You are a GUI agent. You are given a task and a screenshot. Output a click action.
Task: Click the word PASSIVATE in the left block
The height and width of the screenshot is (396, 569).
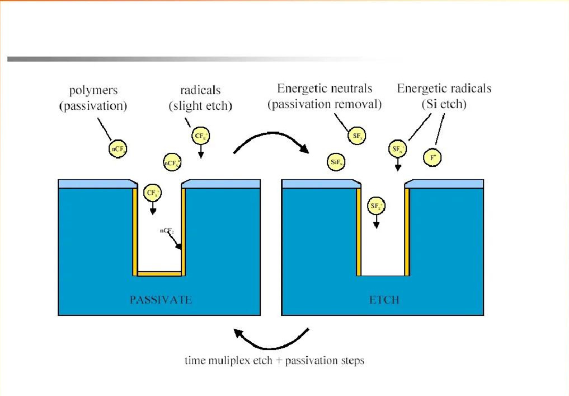161,300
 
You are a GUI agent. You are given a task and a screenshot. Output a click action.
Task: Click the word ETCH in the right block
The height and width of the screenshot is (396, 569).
384,300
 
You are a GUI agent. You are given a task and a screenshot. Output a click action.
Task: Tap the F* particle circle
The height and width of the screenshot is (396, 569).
432,157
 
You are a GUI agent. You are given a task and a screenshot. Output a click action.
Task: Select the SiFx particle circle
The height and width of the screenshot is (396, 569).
336,162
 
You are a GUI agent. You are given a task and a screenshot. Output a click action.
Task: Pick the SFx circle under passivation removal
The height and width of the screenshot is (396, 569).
356,137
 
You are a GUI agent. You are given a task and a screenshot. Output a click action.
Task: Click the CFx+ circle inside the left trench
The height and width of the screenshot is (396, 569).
152,193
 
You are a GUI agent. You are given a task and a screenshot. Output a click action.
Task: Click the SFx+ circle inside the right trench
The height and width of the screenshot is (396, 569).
376,206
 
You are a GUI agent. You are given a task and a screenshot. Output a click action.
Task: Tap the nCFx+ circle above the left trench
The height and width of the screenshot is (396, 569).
171,163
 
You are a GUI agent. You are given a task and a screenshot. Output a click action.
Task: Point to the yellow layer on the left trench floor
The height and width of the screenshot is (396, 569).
159,273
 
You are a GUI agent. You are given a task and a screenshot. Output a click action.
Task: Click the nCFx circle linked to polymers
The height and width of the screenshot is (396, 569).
117,148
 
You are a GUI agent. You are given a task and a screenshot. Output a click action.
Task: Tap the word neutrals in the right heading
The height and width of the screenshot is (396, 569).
351,88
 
